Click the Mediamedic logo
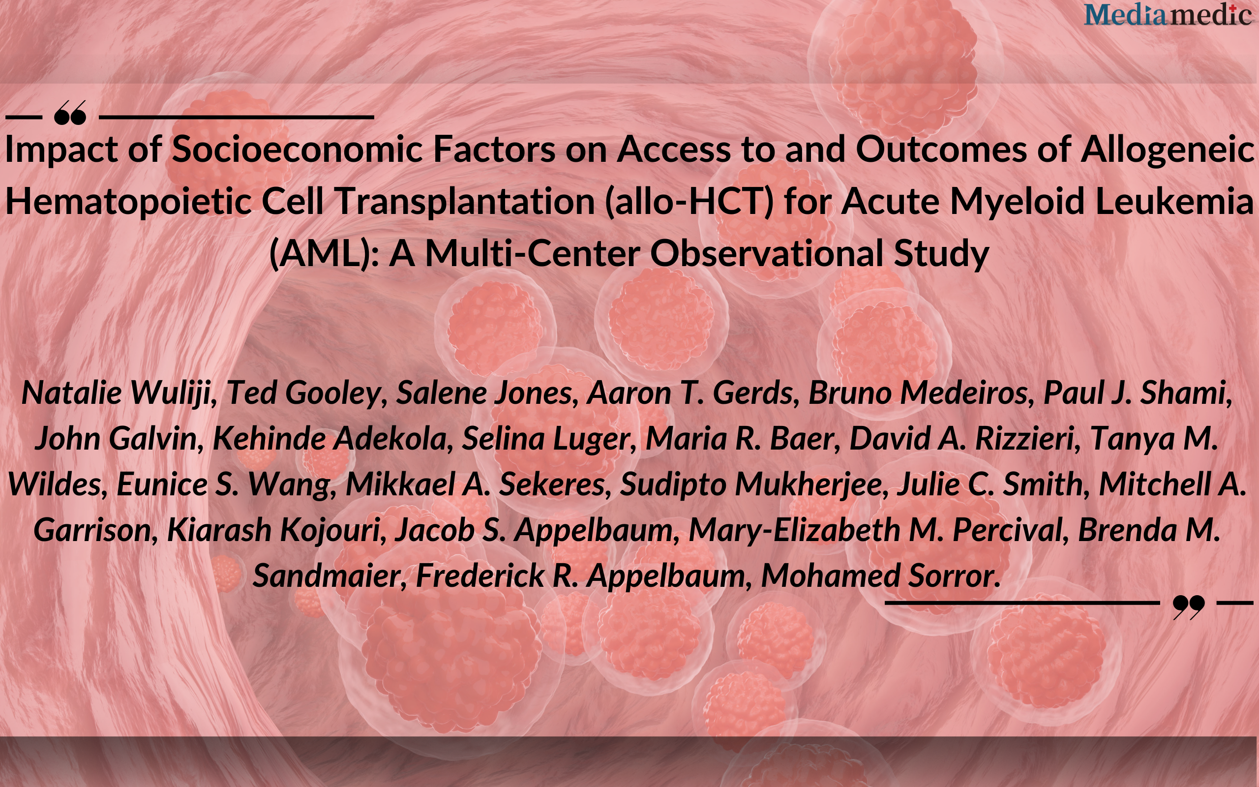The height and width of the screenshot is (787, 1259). [x=1168, y=14]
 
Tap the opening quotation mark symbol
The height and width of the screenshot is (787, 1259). [x=70, y=113]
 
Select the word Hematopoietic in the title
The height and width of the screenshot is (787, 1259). [x=128, y=202]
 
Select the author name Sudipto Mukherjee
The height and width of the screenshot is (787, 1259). [x=754, y=484]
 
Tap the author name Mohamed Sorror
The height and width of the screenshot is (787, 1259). [x=881, y=575]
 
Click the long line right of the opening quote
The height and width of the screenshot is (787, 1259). [x=236, y=117]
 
